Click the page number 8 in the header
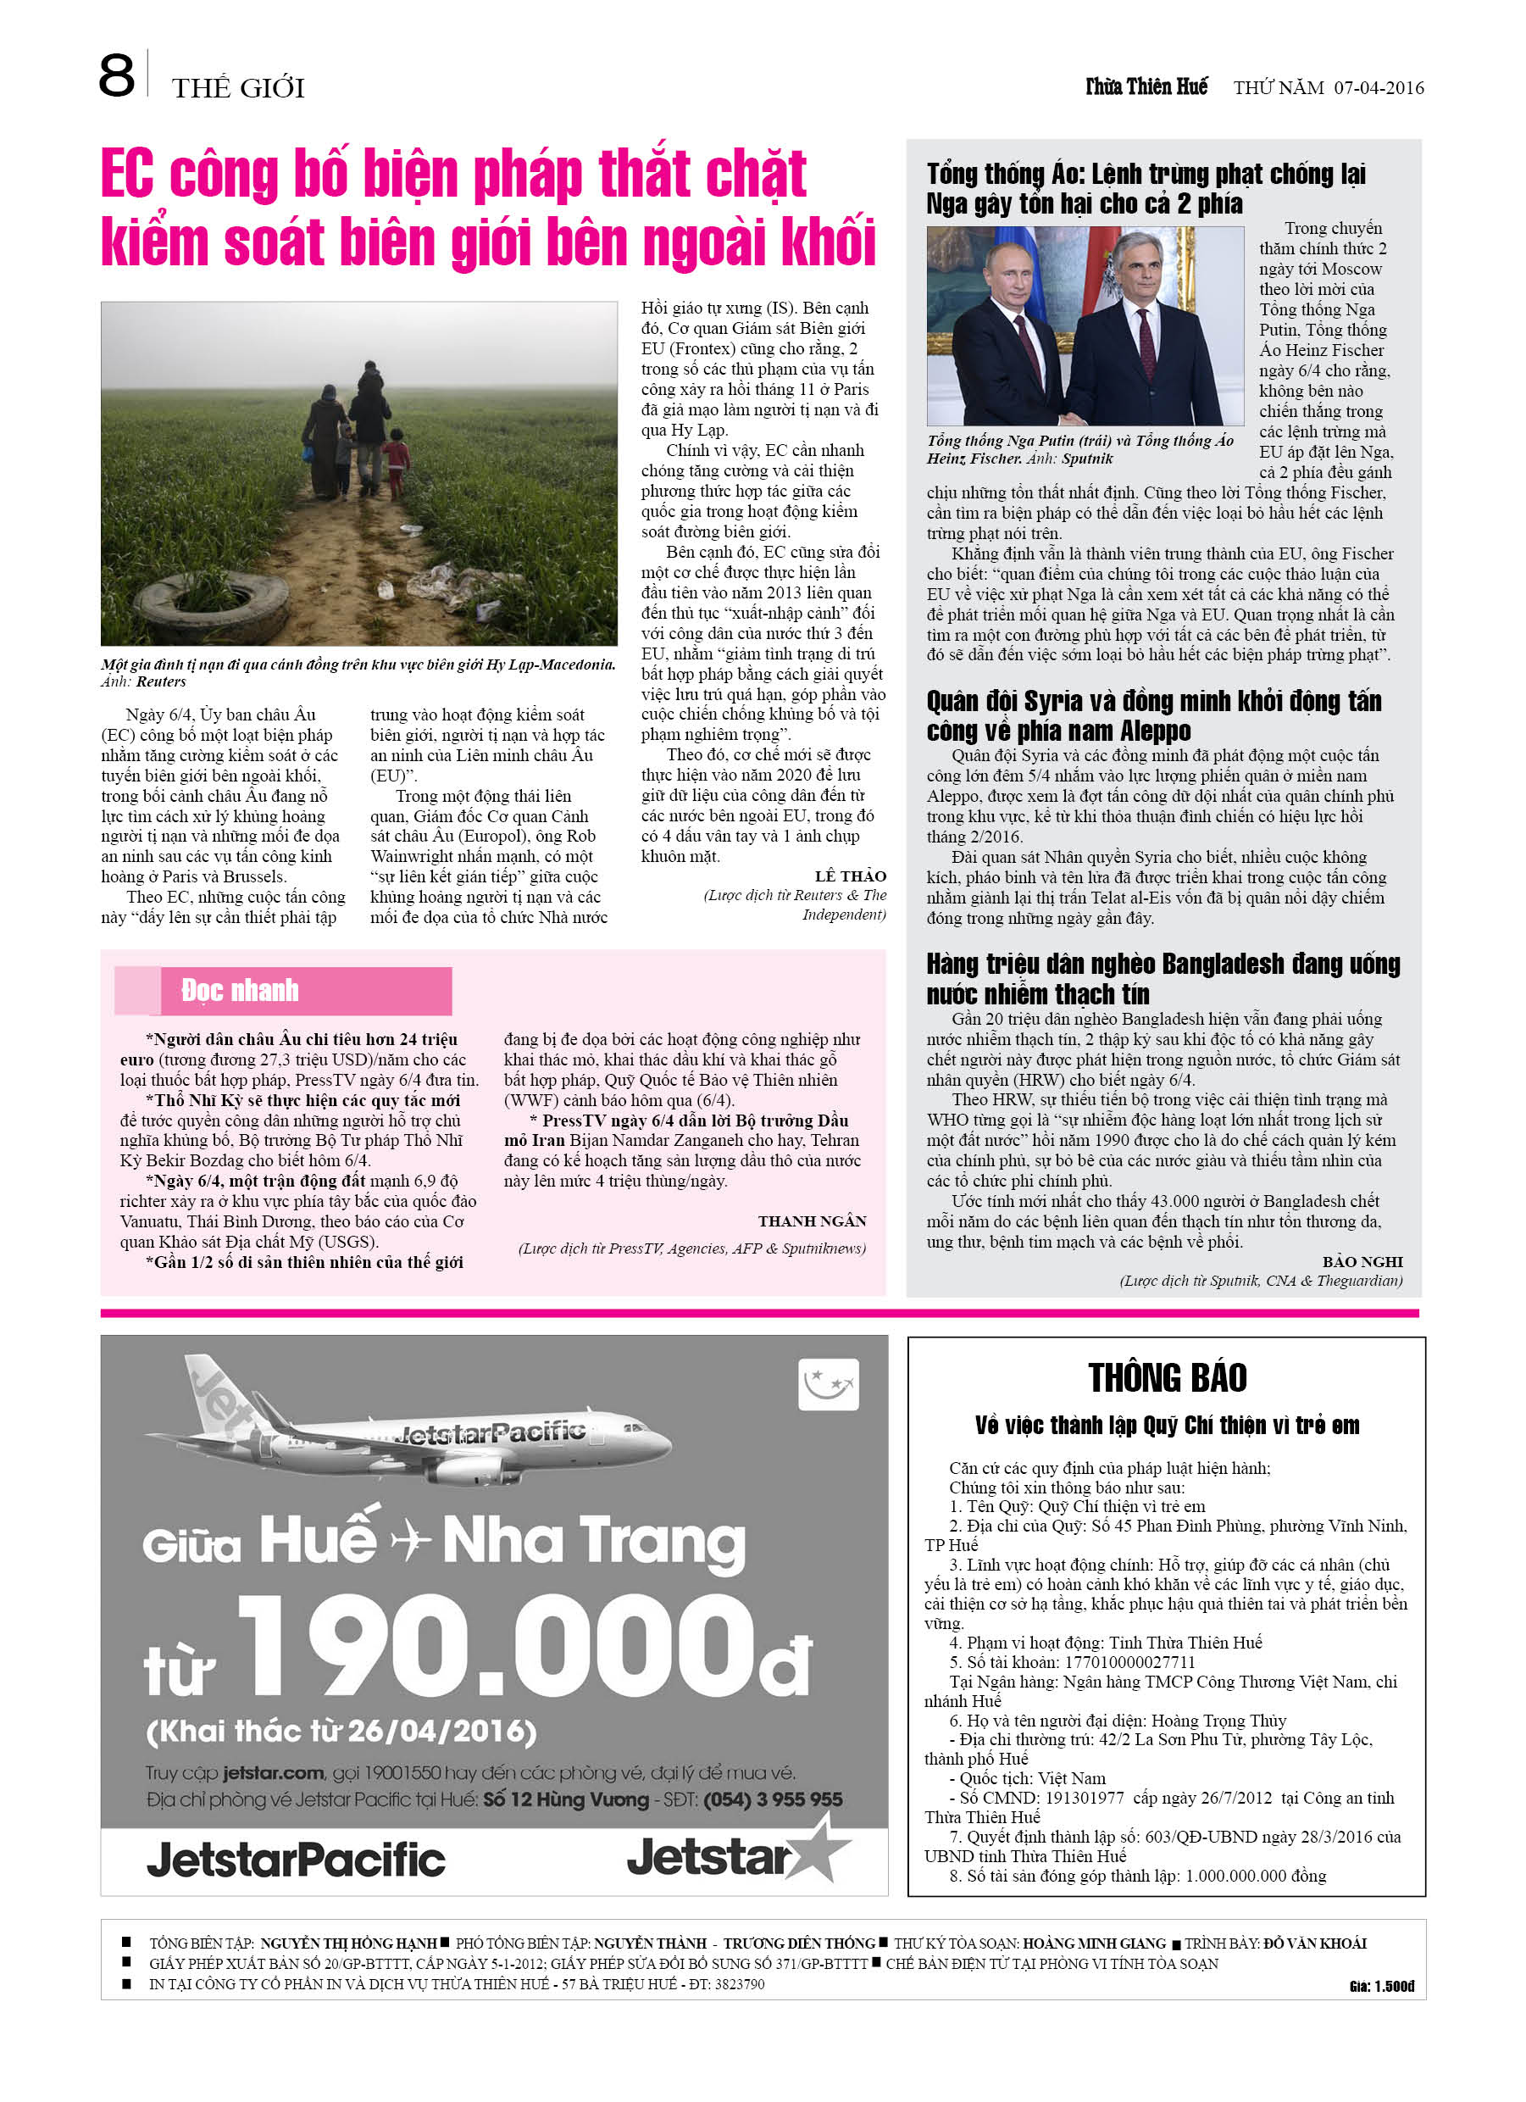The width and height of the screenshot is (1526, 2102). tap(117, 76)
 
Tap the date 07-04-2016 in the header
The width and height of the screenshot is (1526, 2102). tap(1379, 88)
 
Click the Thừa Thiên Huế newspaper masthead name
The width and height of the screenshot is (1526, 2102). tap(1146, 87)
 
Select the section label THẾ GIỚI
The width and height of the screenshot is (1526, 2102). tap(238, 89)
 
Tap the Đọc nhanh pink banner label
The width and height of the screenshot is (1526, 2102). tap(240, 991)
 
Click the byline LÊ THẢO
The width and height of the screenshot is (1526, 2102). tap(851, 876)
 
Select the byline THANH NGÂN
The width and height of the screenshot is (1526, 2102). tap(812, 1221)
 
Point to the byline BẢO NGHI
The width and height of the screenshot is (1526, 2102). tap(1362, 1261)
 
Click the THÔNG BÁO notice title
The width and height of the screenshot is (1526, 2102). tap(1167, 1378)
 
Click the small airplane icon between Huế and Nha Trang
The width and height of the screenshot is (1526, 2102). tap(410, 1543)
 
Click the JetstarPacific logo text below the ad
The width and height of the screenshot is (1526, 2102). tap(296, 1860)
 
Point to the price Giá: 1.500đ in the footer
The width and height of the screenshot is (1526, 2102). tap(1381, 1985)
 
